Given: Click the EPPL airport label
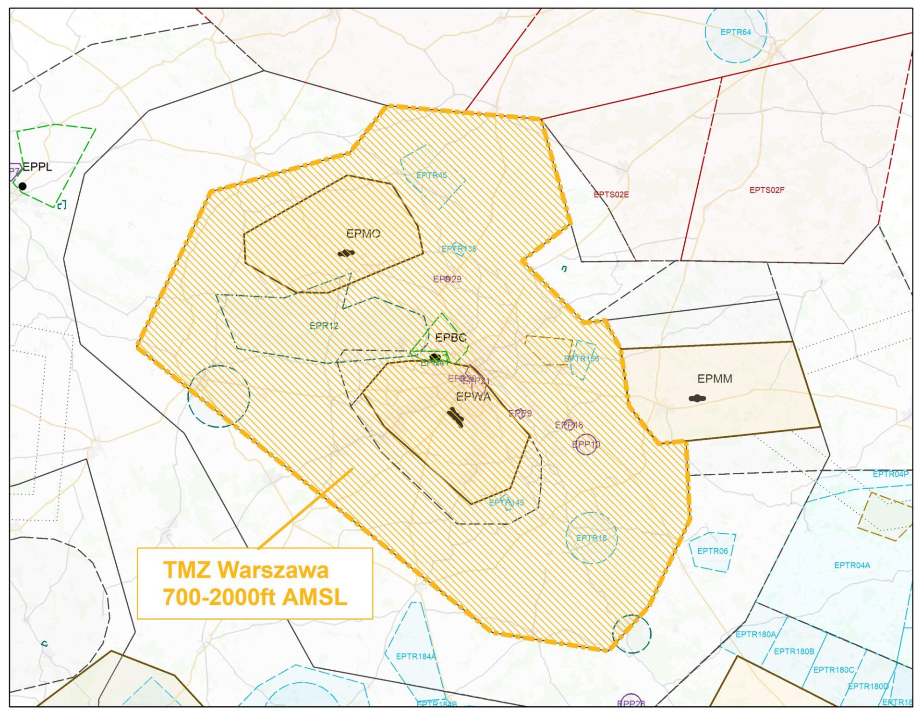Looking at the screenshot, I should tap(37, 167).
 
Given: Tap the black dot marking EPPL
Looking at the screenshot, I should tap(23, 186).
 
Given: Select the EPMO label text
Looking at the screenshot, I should tap(363, 234).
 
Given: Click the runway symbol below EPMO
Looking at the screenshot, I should tap(346, 253).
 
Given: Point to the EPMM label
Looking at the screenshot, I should tap(715, 379).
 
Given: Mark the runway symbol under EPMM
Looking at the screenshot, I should tap(697, 398).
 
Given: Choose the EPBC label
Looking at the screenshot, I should tap(450, 338).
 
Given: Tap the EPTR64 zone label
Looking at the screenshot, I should tap(735, 32).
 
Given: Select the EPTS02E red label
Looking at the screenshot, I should tap(611, 195).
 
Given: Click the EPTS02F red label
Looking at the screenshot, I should tap(766, 190).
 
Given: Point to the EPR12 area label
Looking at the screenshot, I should tap(324, 326).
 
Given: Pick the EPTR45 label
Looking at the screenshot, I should tap(431, 175).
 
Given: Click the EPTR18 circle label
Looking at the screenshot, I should tap(591, 538).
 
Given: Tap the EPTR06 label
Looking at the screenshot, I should tap(712, 551).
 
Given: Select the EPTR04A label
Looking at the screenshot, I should tap(851, 565).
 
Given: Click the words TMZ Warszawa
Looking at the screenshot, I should tap(246, 570).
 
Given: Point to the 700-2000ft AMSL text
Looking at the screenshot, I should tap(255, 597).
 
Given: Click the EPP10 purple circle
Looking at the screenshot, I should tap(586, 445).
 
